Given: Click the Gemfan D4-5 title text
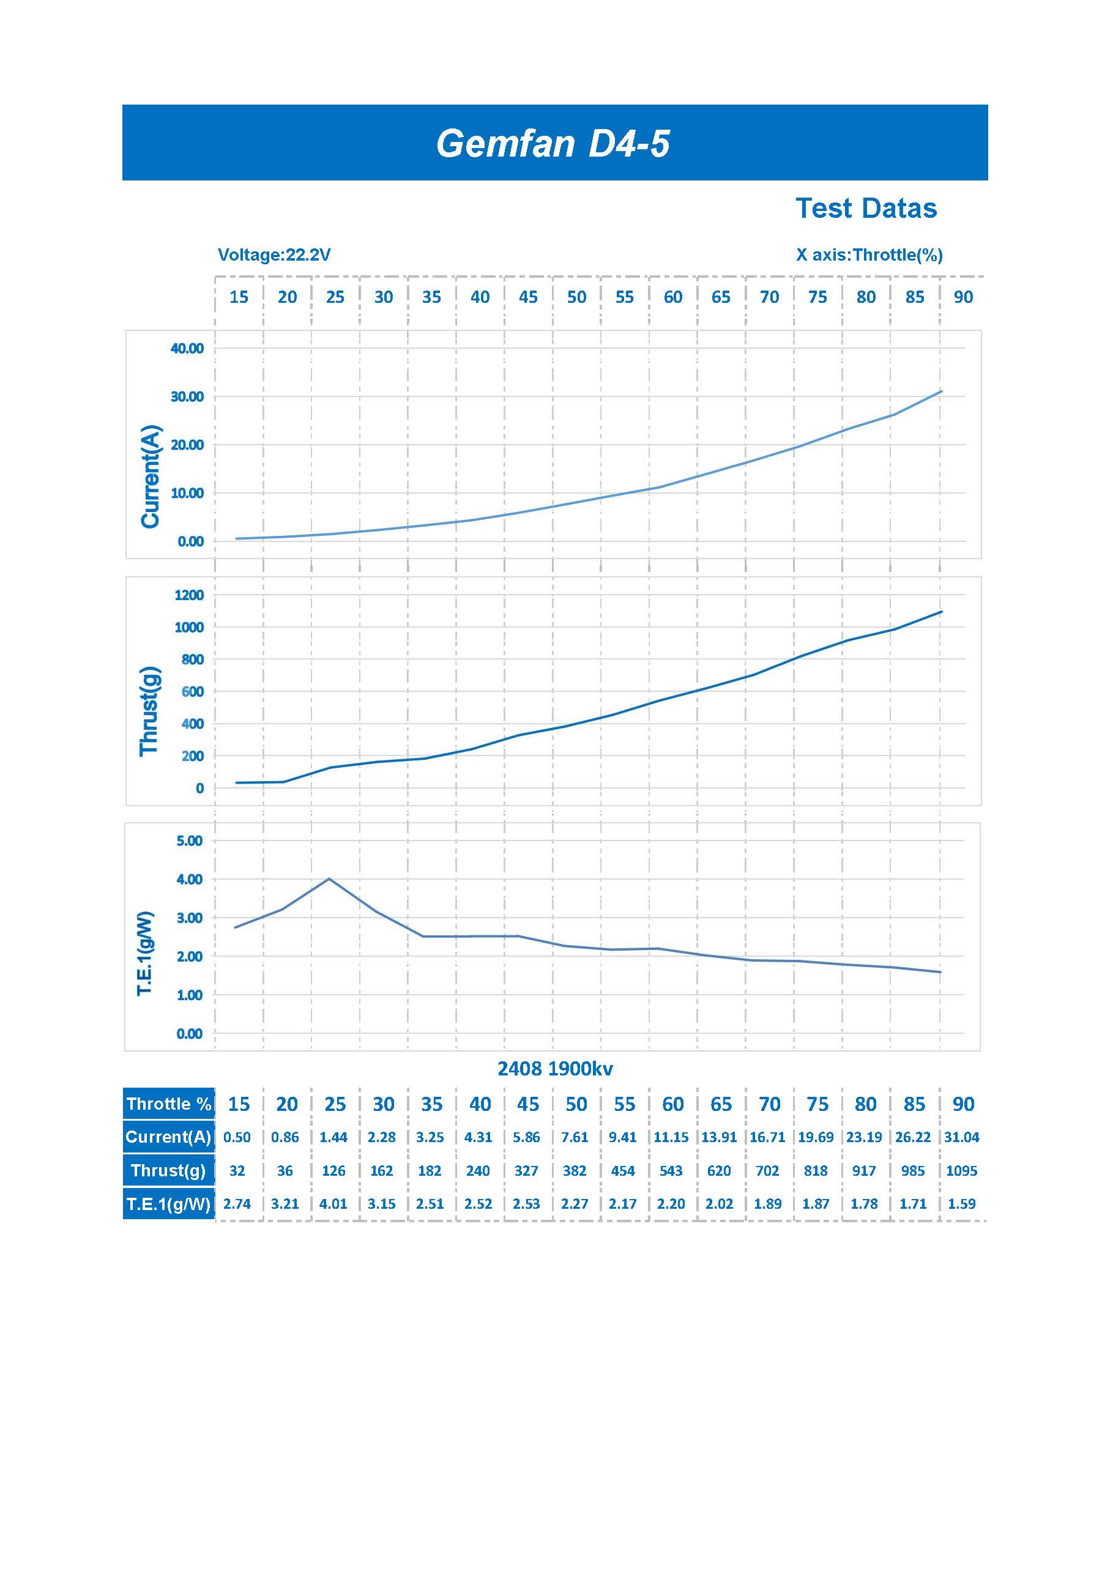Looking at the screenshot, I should pyautogui.click(x=553, y=144).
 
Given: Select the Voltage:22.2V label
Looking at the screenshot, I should pyautogui.click(x=274, y=255).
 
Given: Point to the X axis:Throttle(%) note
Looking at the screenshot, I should pyautogui.click(x=869, y=255).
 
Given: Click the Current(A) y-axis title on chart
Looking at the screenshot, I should pyautogui.click(x=150, y=477).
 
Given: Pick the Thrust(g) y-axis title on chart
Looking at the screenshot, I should pyautogui.click(x=149, y=711).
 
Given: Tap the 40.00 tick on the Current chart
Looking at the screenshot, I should pyautogui.click(x=187, y=348).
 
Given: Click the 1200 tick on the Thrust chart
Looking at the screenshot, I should pyautogui.click(x=188, y=595).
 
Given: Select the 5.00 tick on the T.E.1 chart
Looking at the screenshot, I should pyautogui.click(x=189, y=841).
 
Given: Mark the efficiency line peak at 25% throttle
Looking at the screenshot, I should pyautogui.click(x=329, y=878).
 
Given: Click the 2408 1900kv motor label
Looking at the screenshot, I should pyautogui.click(x=555, y=1069).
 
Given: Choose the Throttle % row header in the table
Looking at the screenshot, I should pyautogui.click(x=169, y=1104).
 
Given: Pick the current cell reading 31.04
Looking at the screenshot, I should pyautogui.click(x=961, y=1137).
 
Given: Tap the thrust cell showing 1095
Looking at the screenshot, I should pyautogui.click(x=961, y=1171).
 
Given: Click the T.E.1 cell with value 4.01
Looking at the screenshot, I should pyautogui.click(x=333, y=1204).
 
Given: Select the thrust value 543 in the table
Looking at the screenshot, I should pyautogui.click(x=671, y=1171).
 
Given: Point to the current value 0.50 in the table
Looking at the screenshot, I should pyautogui.click(x=237, y=1137).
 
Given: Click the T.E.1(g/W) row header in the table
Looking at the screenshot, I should pyautogui.click(x=169, y=1204).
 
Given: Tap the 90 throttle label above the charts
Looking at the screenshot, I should pyautogui.click(x=963, y=297).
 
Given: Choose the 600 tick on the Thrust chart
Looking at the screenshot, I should pyautogui.click(x=193, y=692).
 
